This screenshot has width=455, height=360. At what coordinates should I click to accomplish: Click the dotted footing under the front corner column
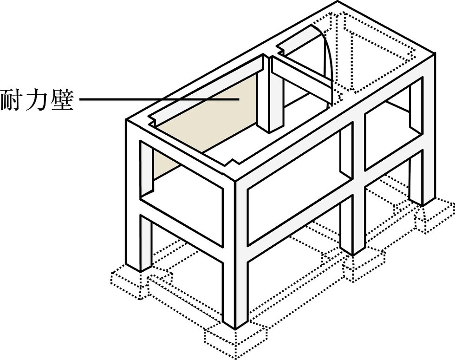[x=237, y=339]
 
